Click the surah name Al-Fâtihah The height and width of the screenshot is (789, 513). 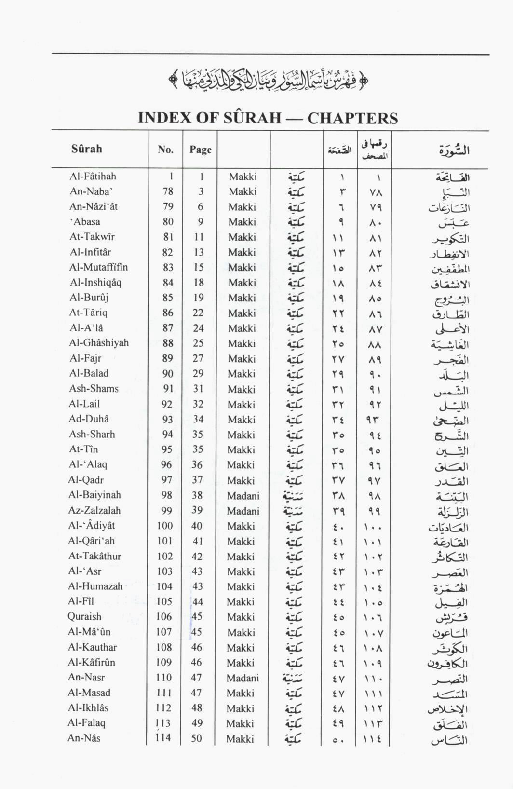[93, 177]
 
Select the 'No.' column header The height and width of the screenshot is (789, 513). [165, 150]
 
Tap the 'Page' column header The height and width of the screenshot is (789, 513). [200, 150]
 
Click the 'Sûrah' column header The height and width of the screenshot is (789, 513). [87, 149]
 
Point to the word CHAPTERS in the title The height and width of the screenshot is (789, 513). [352, 118]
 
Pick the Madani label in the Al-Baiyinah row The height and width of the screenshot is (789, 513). [243, 496]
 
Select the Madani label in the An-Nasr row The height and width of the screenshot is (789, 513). [243, 678]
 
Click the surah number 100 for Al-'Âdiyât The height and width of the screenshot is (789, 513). [164, 526]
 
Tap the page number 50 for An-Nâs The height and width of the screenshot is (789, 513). [196, 738]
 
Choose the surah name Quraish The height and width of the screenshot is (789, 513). [84, 617]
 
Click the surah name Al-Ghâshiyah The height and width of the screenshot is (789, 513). [99, 343]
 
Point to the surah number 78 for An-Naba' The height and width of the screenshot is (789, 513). [168, 191]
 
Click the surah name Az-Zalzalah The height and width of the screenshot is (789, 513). [94, 511]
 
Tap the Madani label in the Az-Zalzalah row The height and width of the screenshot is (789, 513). [243, 511]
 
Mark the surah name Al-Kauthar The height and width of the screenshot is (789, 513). [93, 647]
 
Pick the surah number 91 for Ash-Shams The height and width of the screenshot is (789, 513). [167, 389]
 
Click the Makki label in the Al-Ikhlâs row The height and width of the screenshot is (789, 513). [240, 708]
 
